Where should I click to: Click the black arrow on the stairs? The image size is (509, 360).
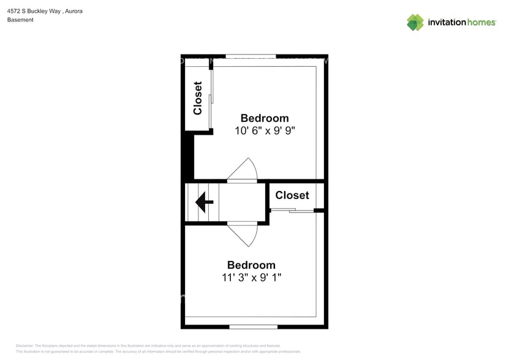coord(203,202)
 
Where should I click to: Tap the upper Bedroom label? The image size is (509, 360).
coord(264,118)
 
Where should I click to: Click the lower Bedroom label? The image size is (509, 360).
coord(251,265)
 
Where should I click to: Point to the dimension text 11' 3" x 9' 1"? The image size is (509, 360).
coord(251,277)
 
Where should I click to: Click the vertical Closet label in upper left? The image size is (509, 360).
coord(197,98)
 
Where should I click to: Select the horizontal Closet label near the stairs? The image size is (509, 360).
coord(292,195)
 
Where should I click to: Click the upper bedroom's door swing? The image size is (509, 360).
coord(245,170)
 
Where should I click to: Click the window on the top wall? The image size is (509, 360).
coord(251,56)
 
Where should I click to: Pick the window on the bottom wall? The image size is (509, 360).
coord(253,327)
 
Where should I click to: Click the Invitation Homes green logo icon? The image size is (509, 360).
coord(415,23)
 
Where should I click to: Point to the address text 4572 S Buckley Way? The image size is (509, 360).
coord(32,11)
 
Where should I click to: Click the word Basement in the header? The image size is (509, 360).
coord(20,20)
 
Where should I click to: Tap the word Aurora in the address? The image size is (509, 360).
coord(74,11)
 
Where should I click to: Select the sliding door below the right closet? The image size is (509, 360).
coord(292,211)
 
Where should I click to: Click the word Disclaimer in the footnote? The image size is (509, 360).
coord(25,346)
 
